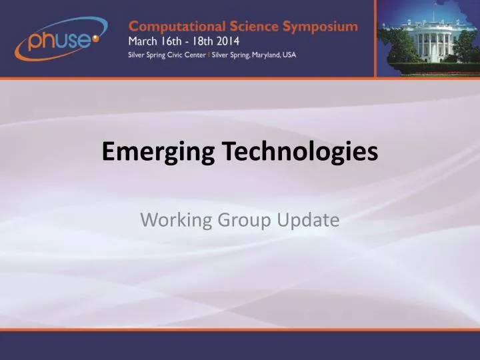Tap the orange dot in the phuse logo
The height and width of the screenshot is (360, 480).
tap(95, 39)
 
